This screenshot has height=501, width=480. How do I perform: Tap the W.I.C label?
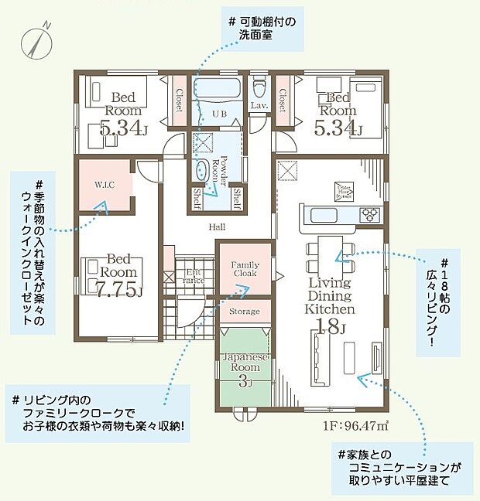point(105,185)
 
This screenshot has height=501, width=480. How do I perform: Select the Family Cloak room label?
point(245,268)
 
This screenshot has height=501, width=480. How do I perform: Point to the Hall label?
point(217,227)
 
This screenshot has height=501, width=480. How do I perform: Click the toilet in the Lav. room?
point(259,83)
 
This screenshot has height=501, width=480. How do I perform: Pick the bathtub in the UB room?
point(218,89)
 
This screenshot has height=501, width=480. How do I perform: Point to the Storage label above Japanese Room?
point(245,311)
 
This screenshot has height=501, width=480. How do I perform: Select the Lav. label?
point(259,105)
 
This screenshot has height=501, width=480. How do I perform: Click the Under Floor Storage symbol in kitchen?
point(344,189)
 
